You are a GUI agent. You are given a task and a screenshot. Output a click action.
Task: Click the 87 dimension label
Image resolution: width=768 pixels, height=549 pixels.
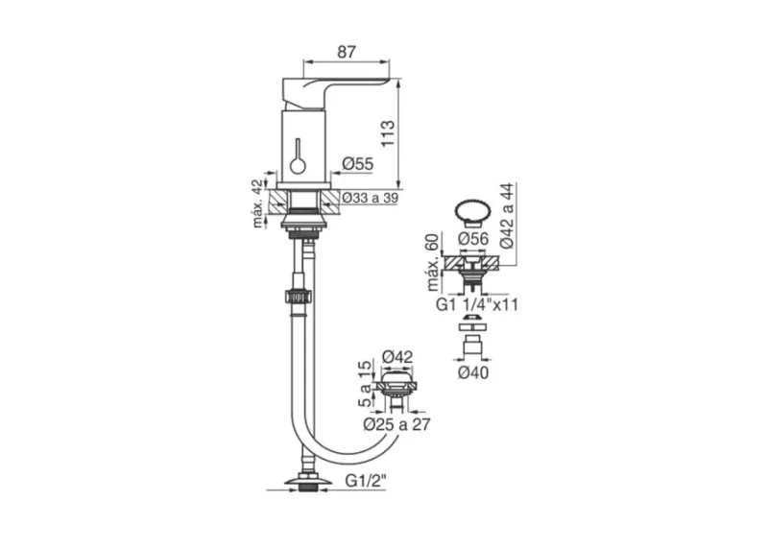pos(347,52)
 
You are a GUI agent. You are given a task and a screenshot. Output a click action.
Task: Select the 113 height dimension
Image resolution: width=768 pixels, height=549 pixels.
pos(388,133)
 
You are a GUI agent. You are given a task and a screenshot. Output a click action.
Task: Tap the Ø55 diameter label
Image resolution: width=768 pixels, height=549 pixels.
pos(357,164)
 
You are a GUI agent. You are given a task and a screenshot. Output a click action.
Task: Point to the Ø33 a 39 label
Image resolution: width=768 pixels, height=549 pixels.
pos(370,198)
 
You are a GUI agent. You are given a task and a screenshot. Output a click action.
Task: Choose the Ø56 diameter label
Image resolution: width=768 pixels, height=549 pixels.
pos(473,239)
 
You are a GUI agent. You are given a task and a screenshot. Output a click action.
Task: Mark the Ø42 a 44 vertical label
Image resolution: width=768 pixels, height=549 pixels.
pos(507,216)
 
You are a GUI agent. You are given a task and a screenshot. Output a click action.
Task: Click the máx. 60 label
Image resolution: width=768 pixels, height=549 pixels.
pos(434,262)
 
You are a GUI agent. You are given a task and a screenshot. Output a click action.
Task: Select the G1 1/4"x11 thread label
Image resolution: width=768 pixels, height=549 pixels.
pos(476,304)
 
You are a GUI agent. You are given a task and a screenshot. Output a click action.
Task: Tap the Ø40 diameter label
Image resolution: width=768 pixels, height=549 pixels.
pos(473,372)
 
